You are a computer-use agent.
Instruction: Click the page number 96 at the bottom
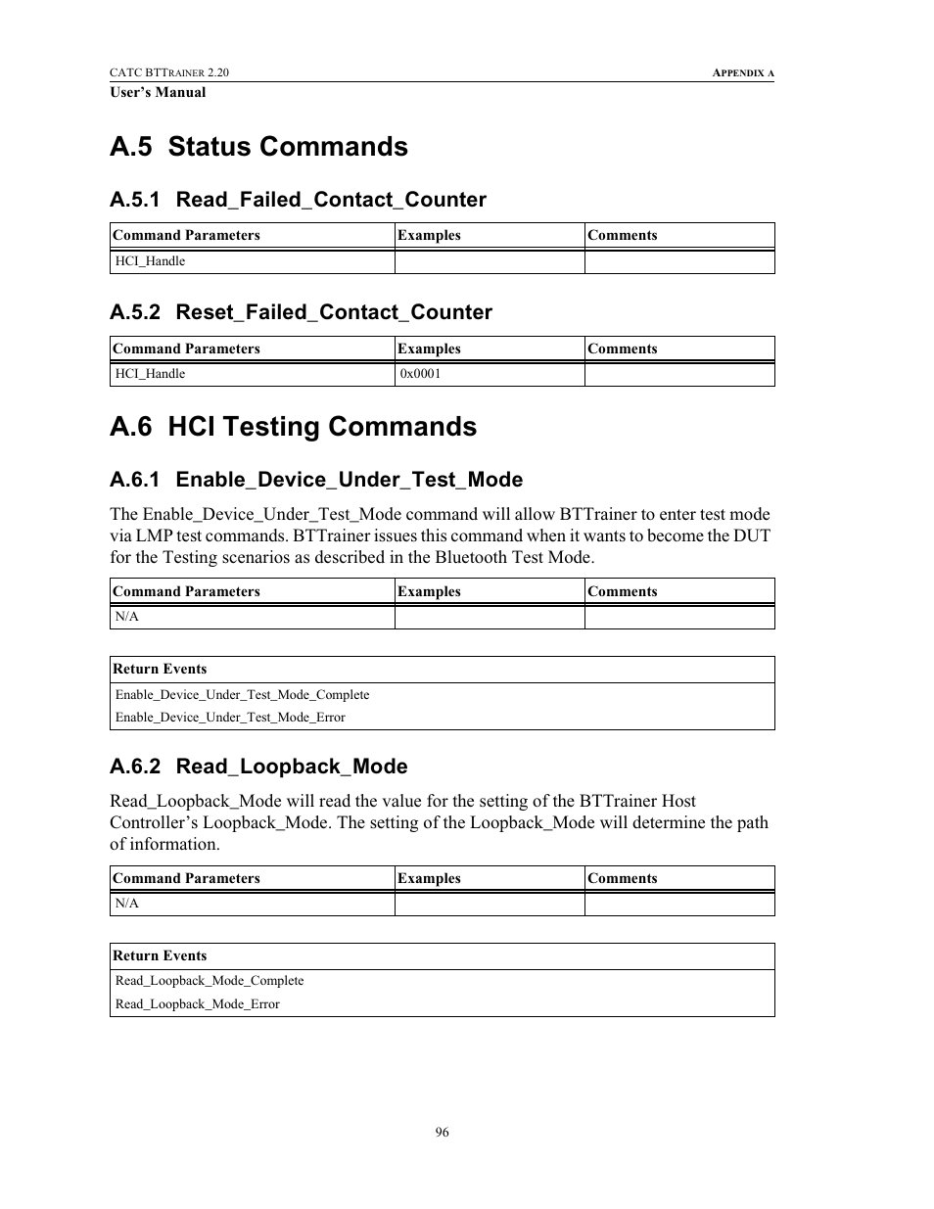pos(443,1132)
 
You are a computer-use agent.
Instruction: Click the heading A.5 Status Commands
pos(258,147)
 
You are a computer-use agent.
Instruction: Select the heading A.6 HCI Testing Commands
pos(293,427)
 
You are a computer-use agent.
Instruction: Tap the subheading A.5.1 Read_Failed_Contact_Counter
pos(298,200)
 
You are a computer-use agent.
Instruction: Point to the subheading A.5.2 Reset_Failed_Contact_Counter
pos(301,312)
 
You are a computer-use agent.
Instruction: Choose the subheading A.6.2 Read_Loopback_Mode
pos(258,767)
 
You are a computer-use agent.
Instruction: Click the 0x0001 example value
pos(420,374)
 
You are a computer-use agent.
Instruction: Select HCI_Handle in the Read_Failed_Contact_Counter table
pos(150,261)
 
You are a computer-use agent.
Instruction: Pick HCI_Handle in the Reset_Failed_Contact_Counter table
pos(150,374)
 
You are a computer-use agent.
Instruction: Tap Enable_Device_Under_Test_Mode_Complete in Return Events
pos(242,695)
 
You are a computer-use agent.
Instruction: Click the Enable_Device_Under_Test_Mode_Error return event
pos(230,718)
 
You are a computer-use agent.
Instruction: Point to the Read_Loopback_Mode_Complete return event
pos(210,981)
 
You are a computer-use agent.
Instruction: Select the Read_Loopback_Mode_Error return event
pos(197,1004)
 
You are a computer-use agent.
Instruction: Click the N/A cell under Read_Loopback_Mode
pos(127,904)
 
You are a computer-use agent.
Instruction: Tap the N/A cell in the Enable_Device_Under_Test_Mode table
pos(127,617)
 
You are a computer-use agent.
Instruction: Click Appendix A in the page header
pos(743,73)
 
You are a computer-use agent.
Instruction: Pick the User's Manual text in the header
pos(158,93)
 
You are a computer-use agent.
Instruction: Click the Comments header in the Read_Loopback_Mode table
pos(623,879)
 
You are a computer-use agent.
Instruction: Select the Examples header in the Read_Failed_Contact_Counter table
pos(429,236)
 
